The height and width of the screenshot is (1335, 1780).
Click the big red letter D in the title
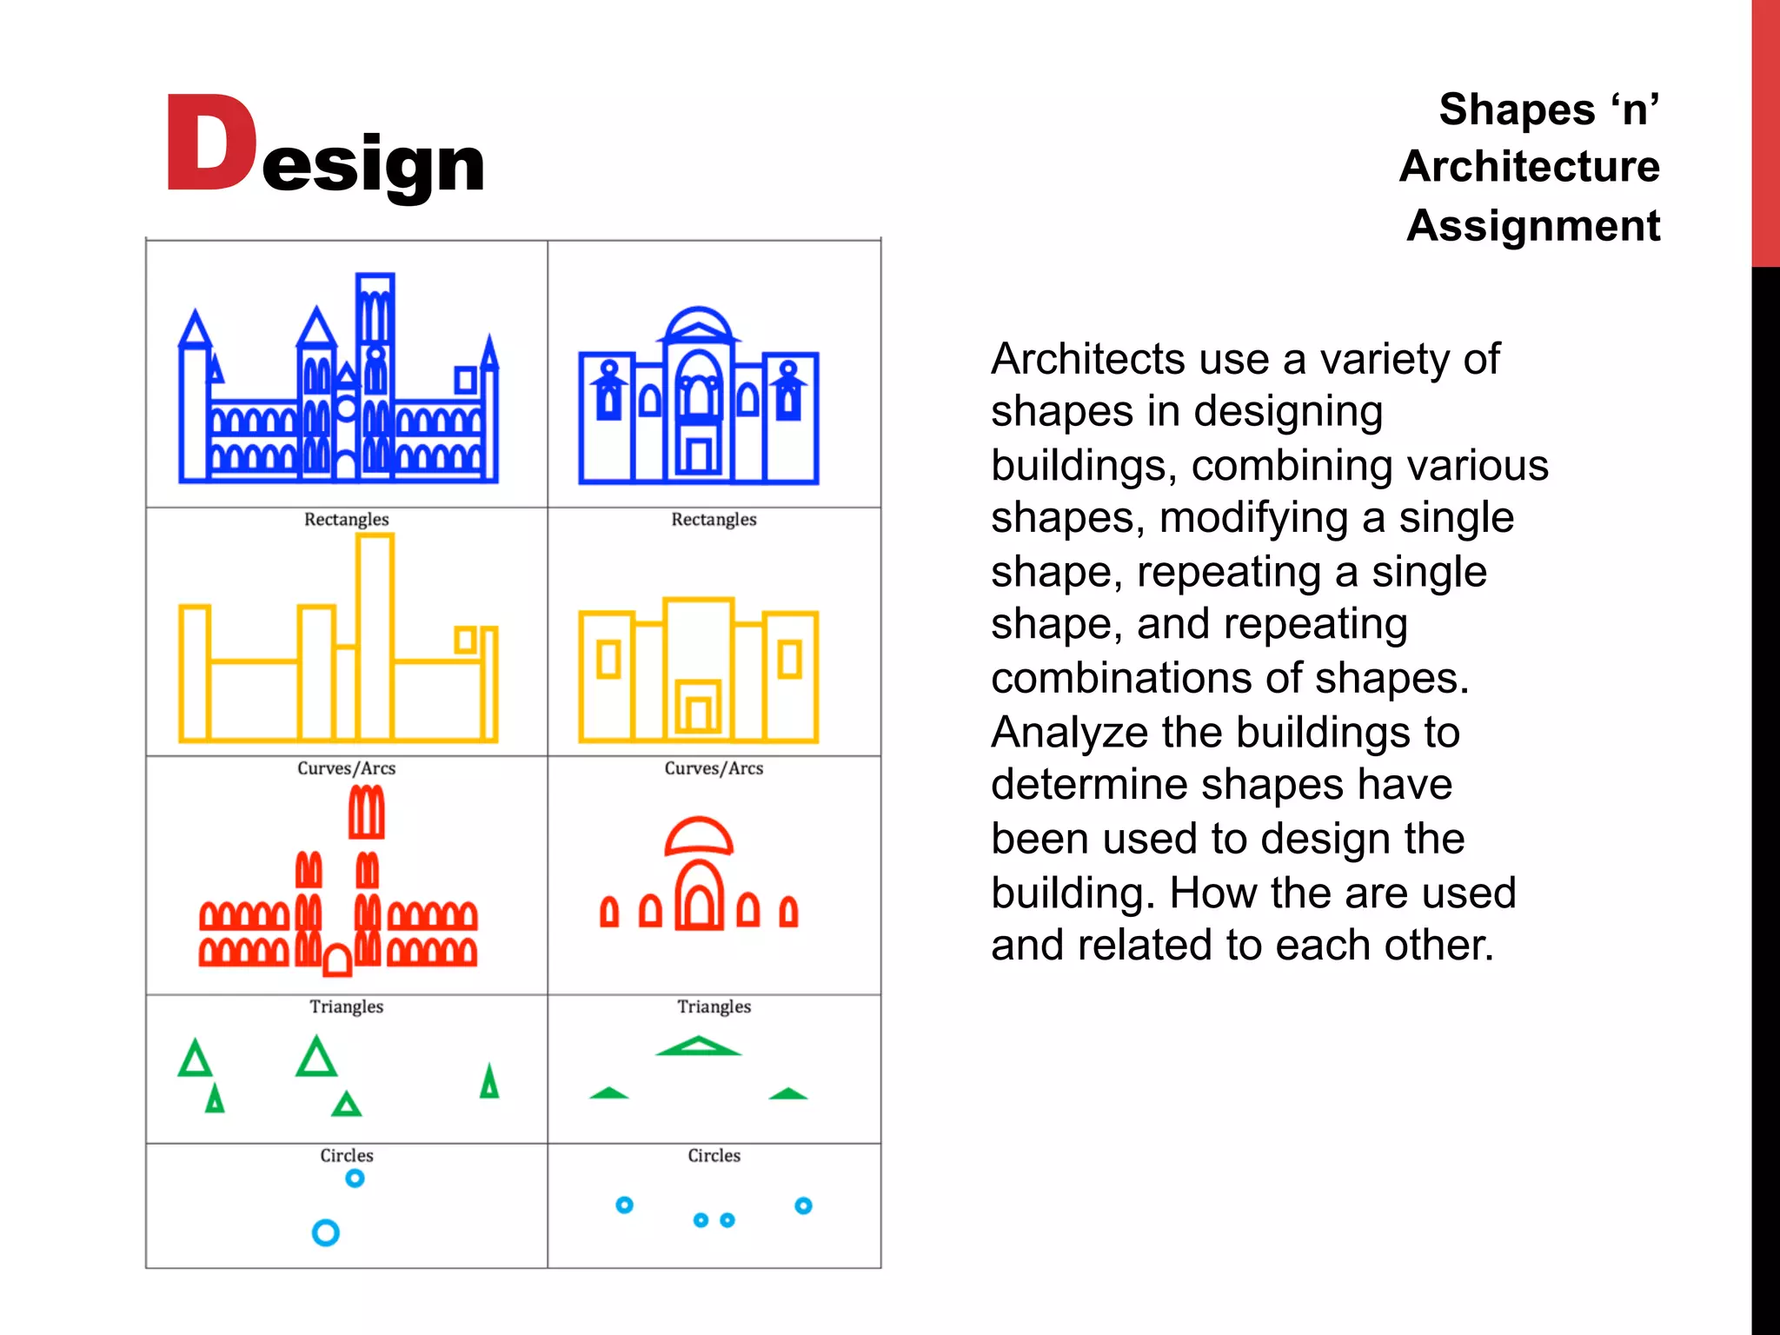211,143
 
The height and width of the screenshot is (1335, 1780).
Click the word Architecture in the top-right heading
1530,166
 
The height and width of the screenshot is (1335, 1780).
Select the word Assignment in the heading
1533,226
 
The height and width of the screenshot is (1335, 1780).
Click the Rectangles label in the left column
346,520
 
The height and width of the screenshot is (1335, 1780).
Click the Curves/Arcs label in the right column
714,768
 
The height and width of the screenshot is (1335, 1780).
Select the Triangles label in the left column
346,1006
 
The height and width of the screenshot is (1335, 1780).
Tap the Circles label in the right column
714,1156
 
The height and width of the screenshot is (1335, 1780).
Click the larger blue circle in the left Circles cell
325,1232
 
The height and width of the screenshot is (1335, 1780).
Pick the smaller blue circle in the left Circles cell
355,1179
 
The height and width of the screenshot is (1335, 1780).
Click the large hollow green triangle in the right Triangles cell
698,1046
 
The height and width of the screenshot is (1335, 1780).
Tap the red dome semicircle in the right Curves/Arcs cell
699,837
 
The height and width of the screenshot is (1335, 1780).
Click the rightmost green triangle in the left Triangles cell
489,1083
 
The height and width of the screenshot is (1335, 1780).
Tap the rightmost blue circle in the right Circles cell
803,1205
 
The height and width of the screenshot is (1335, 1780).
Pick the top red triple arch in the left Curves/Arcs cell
366,813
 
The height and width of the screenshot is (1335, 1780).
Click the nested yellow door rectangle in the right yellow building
698,708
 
